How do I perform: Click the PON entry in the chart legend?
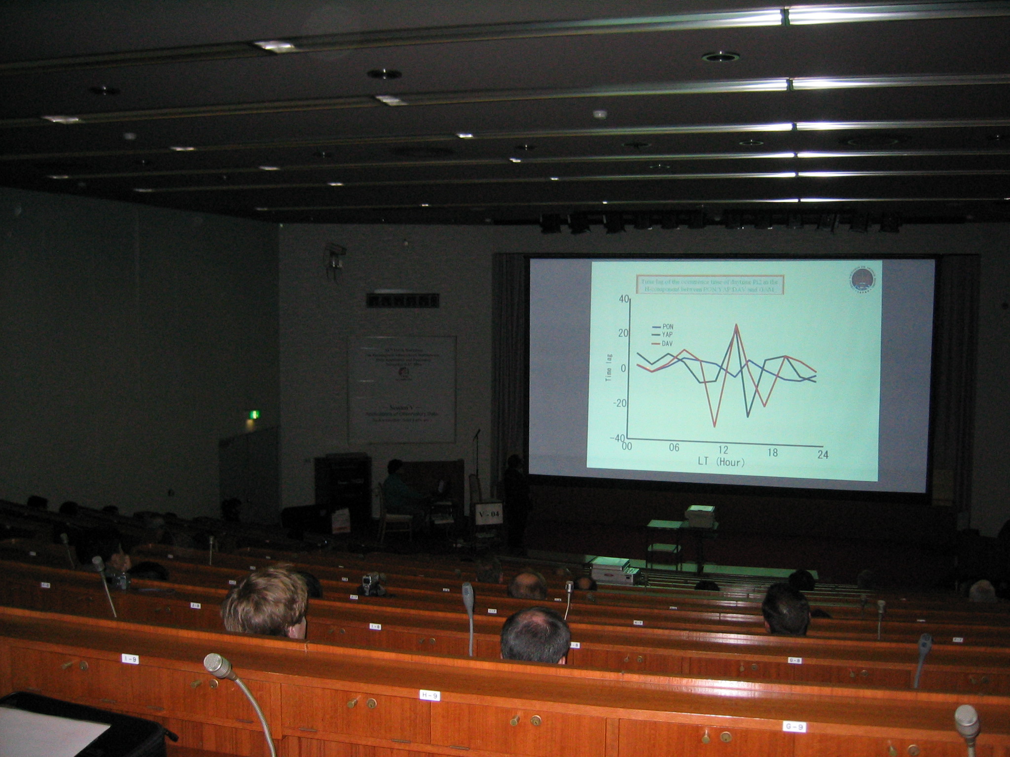point(668,327)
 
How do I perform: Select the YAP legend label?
point(668,335)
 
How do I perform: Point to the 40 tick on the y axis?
point(624,299)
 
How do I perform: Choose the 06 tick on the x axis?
point(674,447)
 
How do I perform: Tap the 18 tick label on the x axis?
point(772,452)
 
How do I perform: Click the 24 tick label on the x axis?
point(823,454)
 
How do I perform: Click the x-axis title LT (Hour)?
point(721,463)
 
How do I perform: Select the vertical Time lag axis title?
point(609,369)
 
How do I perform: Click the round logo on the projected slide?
point(863,279)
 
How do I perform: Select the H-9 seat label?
point(429,695)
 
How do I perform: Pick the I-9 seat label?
point(130,658)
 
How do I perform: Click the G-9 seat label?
point(794,726)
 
